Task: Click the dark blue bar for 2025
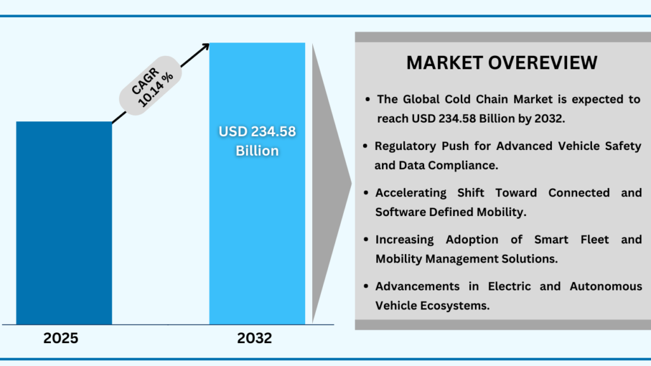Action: pyautogui.click(x=64, y=222)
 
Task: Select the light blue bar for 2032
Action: pyautogui.click(x=257, y=241)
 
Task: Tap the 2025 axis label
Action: pyautogui.click(x=61, y=339)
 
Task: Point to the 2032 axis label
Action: pyautogui.click(x=255, y=339)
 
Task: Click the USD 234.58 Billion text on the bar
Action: pyautogui.click(x=257, y=141)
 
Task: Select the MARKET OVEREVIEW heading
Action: pyautogui.click(x=502, y=63)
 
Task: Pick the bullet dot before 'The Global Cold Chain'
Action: pyautogui.click(x=368, y=100)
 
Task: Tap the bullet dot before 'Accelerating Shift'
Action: pyautogui.click(x=366, y=193)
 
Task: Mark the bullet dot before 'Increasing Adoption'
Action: pyautogui.click(x=366, y=240)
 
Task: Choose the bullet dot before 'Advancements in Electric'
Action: pyautogui.click(x=366, y=287)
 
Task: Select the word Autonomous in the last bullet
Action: pyautogui.click(x=605, y=287)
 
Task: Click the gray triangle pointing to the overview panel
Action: pyautogui.click(x=331, y=184)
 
